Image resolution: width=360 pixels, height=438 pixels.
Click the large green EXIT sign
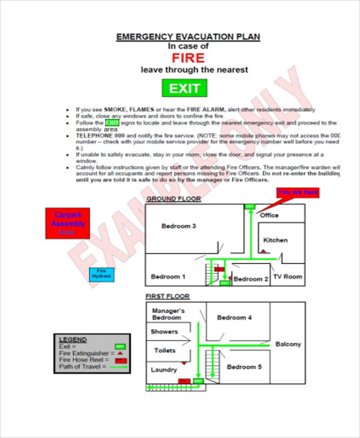[x=184, y=89]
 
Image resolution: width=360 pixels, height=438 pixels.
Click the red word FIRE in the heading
[x=188, y=58]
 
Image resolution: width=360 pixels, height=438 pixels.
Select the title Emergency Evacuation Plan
[x=188, y=37]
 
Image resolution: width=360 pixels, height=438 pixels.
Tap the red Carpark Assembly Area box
[x=68, y=223]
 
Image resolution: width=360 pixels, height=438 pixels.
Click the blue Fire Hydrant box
[x=101, y=274]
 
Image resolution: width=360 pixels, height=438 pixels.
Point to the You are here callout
[x=298, y=193]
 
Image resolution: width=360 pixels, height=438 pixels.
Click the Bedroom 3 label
[x=179, y=226]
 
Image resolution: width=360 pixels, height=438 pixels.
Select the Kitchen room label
[x=275, y=240]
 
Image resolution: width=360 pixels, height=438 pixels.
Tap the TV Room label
[x=288, y=277]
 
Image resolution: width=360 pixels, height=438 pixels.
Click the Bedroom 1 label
[x=168, y=277]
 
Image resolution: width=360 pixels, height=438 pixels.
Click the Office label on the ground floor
[x=269, y=215]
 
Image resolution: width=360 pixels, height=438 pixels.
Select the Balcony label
[x=288, y=344]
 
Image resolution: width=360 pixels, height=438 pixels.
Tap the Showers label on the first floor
[x=164, y=331]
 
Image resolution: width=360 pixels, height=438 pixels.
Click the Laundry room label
[x=164, y=370]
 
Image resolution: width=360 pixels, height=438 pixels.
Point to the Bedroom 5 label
[x=244, y=367]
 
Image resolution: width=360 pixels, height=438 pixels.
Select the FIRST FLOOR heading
[x=167, y=296]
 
